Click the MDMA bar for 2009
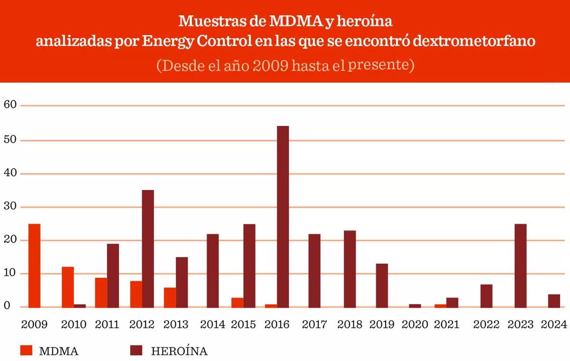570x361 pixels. click(x=34, y=266)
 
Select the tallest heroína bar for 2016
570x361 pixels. click(x=283, y=217)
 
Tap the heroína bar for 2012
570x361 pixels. click(x=148, y=248)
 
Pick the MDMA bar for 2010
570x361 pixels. click(x=67, y=287)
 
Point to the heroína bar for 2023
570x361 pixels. click(x=520, y=266)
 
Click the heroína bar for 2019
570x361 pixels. click(x=382, y=285)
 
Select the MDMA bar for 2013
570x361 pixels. click(x=170, y=297)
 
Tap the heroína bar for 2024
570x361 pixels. click(x=554, y=301)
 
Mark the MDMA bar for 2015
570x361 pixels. click(x=237, y=303)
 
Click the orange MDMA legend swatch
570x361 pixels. click(x=26, y=351)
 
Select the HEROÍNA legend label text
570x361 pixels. click(x=179, y=351)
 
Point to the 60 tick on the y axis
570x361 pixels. click(x=10, y=104)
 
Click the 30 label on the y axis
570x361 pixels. click(x=10, y=207)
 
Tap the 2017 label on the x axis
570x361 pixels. click(x=314, y=324)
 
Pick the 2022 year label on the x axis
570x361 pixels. click(x=486, y=324)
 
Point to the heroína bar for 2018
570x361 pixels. click(x=350, y=269)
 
